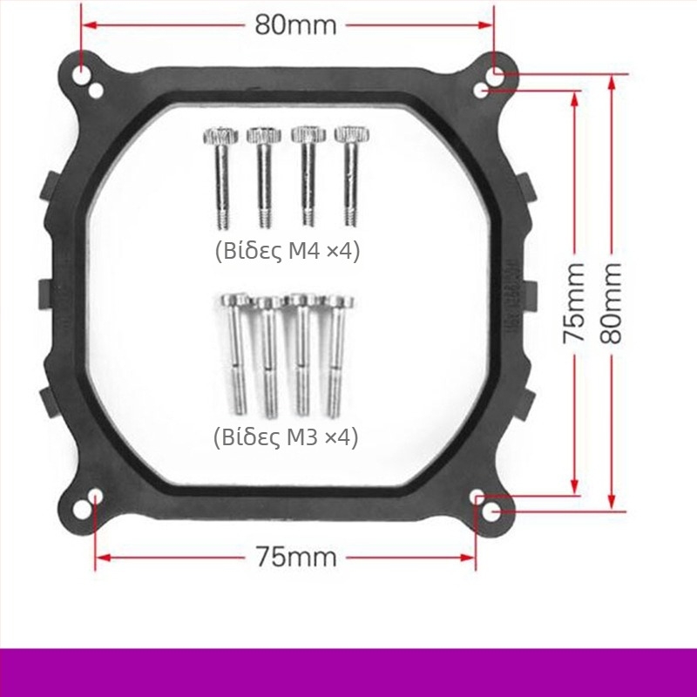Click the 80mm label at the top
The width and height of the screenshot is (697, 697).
pyautogui.click(x=295, y=25)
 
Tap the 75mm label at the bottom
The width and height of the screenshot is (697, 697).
pyautogui.click(x=296, y=557)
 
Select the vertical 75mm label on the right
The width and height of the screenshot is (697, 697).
pyautogui.click(x=574, y=303)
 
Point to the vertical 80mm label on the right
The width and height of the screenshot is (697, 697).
pyautogui.click(x=611, y=303)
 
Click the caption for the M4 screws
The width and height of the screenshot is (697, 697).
pyautogui.click(x=288, y=252)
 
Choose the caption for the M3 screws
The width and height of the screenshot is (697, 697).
pyautogui.click(x=286, y=438)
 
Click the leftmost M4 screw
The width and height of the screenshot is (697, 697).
pyautogui.click(x=221, y=179)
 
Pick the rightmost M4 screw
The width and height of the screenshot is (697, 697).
pyautogui.click(x=352, y=177)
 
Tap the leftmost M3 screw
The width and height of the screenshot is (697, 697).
pyautogui.click(x=236, y=355)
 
